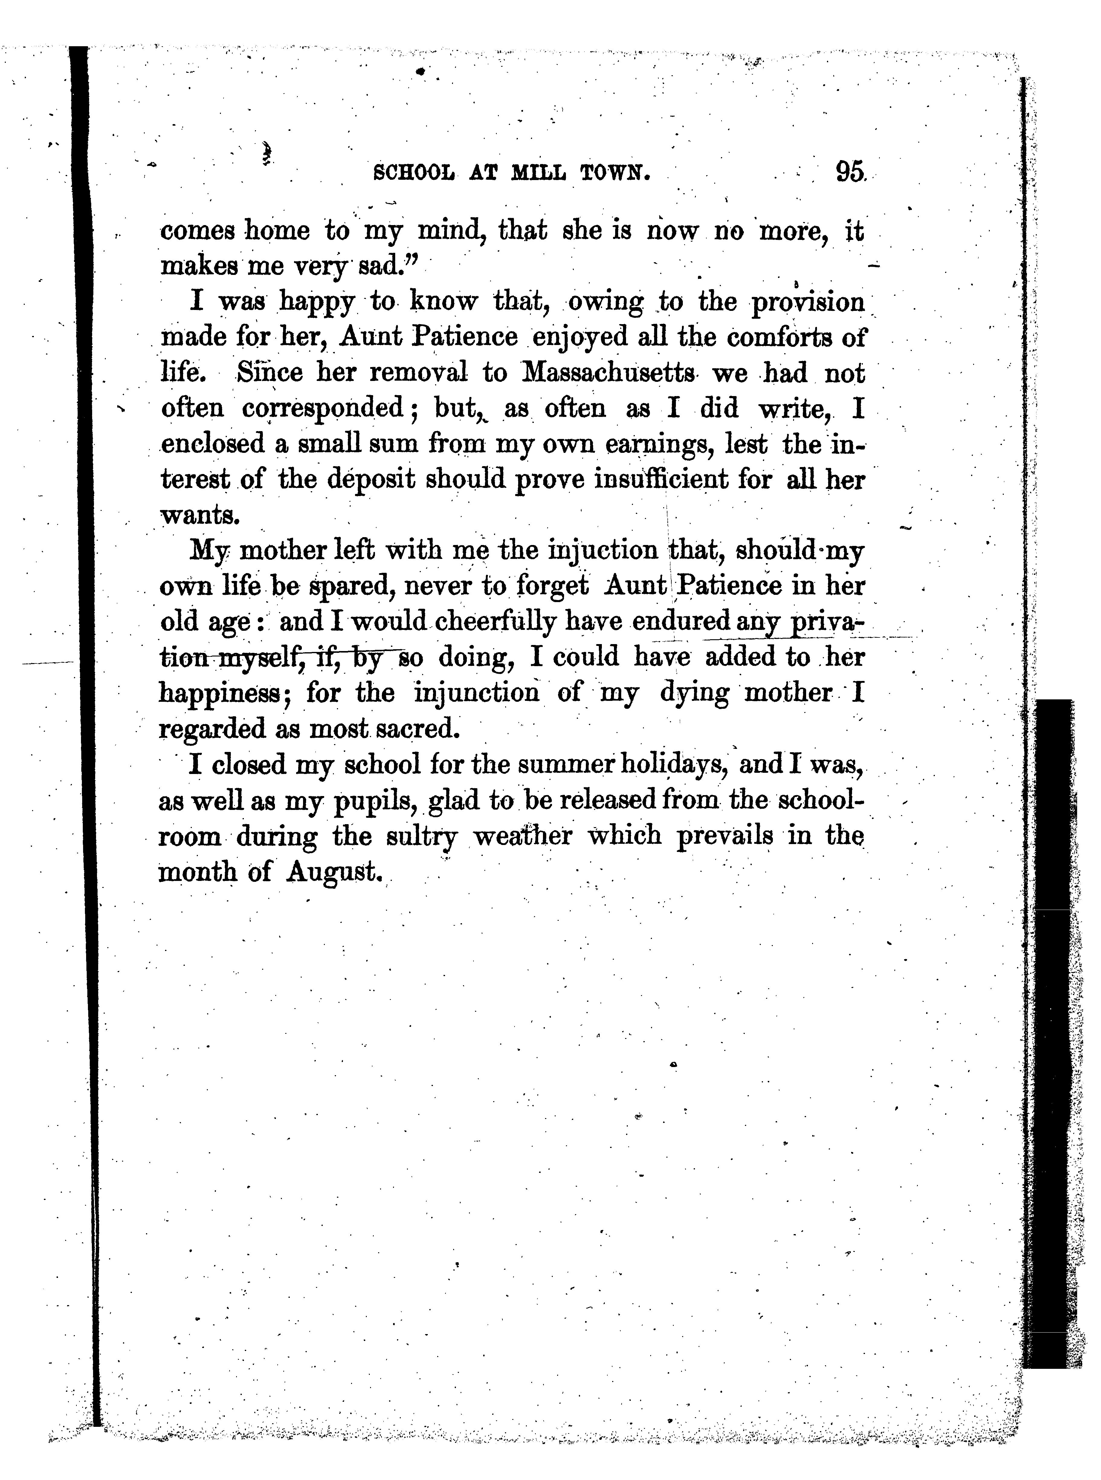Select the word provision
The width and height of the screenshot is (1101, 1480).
pyautogui.click(x=808, y=302)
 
